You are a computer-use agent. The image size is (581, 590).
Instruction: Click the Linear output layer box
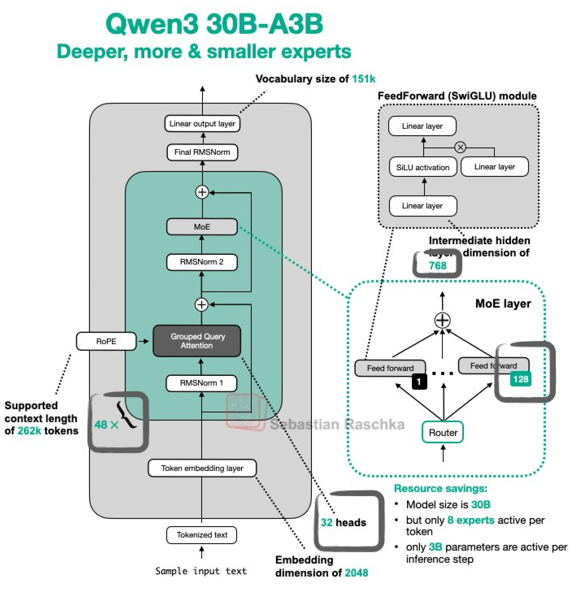202,124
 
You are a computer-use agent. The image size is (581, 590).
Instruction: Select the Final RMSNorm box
202,152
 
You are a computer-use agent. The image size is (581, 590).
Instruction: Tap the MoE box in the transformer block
202,227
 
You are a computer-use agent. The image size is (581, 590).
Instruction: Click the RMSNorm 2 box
202,262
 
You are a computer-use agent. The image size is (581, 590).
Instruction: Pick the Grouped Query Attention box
197,341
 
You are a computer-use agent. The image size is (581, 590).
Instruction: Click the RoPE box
106,341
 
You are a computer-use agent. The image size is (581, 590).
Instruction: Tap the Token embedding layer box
202,468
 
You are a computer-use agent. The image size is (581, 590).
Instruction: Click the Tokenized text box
202,535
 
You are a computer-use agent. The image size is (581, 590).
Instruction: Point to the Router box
443,433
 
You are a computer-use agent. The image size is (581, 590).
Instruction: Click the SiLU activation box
423,167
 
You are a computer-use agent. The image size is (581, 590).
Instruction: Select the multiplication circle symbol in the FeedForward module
460,147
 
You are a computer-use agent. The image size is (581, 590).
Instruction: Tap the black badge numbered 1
419,382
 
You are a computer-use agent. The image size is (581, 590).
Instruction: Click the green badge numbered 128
520,380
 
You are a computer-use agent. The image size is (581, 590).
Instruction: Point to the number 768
437,266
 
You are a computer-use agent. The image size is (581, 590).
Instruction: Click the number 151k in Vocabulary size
364,79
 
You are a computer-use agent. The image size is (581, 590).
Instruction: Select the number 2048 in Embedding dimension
357,573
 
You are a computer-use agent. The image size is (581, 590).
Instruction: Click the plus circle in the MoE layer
443,320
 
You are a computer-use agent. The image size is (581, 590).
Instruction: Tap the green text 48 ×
106,425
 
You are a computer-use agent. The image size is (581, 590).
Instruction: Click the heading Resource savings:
440,488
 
